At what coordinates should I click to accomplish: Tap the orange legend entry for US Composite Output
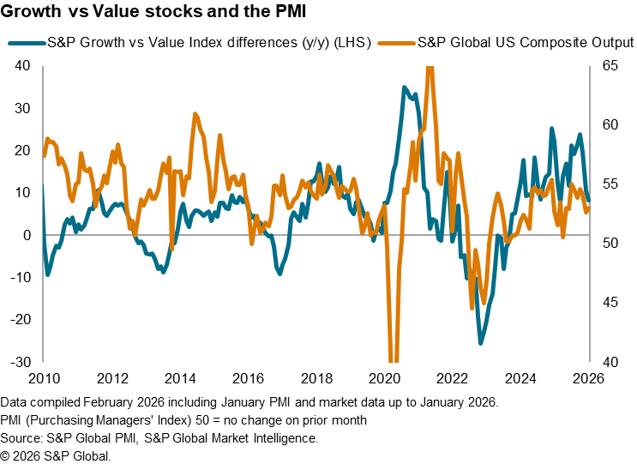click(524, 42)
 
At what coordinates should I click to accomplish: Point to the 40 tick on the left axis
click(22, 66)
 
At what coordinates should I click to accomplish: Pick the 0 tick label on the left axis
click(27, 235)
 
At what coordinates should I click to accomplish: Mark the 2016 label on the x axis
click(249, 378)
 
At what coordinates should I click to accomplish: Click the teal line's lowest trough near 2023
click(481, 343)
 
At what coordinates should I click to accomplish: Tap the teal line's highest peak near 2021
click(404, 87)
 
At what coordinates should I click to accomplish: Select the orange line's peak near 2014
click(195, 113)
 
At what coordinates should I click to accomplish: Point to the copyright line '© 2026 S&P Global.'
click(56, 455)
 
